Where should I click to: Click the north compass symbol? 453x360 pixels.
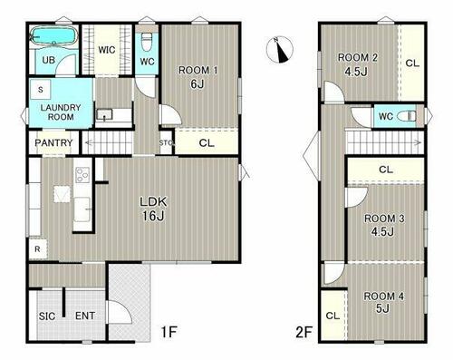pos(280,50)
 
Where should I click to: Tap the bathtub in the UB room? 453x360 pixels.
pos(53,36)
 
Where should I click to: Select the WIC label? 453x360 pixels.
pos(107,50)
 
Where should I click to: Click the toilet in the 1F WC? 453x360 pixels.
pos(147,42)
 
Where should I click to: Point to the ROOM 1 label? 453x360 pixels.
pos(198,70)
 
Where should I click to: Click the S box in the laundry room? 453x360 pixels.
pos(41,90)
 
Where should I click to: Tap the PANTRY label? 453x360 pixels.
pos(53,142)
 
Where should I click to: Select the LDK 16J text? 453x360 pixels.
pos(153,209)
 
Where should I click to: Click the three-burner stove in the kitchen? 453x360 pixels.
pos(82,175)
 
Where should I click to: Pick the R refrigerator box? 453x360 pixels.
pos(38,249)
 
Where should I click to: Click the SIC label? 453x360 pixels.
pos(47,316)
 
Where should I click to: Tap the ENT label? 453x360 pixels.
pos(85,316)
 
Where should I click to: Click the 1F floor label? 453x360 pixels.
pos(169,332)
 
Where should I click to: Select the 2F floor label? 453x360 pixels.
pos(304,333)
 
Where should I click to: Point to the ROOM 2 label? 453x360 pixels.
pos(358,57)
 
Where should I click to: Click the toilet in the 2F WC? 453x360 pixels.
pos(406,116)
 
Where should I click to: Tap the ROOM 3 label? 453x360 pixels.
pos(384,219)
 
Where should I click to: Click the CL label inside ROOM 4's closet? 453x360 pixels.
pos(333,316)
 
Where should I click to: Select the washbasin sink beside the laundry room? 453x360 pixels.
pos(104,115)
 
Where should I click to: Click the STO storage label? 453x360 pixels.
pos(166,143)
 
